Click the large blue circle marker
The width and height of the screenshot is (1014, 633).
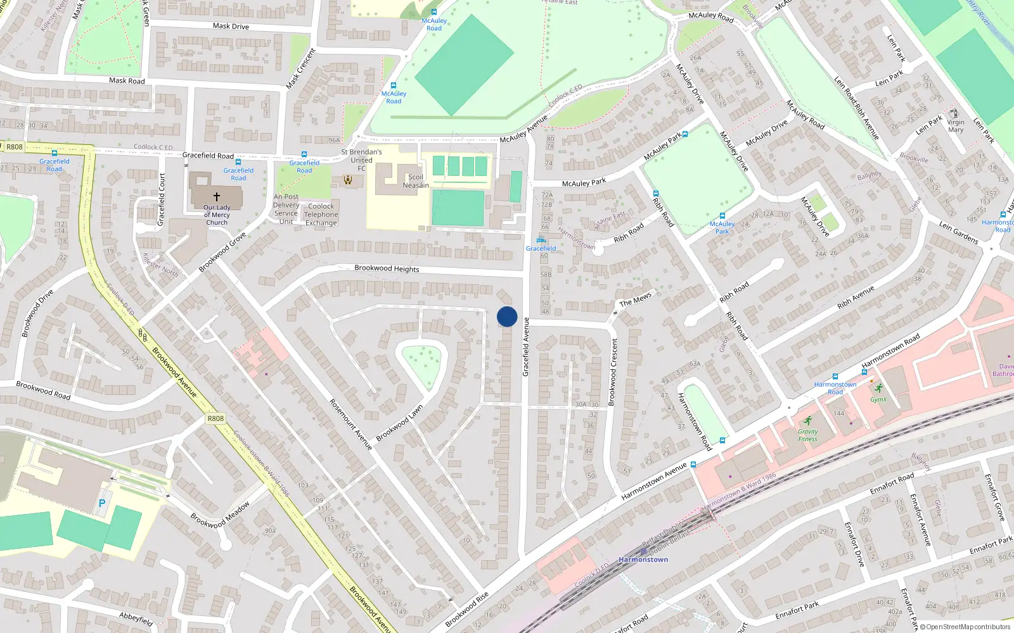[507, 316]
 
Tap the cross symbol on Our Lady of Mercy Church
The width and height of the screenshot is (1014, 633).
[217, 197]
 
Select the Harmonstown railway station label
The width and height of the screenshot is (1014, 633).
[643, 560]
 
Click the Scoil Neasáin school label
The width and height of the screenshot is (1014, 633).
[416, 181]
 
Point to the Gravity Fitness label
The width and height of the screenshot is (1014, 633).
[807, 436]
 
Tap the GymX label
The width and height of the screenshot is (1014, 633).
[878, 399]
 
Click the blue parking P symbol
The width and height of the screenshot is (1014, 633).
[102, 503]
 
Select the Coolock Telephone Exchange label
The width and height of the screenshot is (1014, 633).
[321, 215]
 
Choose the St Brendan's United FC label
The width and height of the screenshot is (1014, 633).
[361, 160]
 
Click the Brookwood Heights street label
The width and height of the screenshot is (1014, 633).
[387, 268]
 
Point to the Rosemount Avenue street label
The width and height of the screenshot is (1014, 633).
[350, 424]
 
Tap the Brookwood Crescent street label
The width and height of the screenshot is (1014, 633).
[613, 372]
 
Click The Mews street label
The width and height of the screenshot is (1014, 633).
[635, 299]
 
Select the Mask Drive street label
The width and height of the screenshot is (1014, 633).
[231, 26]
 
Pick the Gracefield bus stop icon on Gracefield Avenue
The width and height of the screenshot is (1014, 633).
[541, 240]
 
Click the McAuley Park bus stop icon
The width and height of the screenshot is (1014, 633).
[722, 216]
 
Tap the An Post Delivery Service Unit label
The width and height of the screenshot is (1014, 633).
[286, 209]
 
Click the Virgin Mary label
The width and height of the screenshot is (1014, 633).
[956, 126]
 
